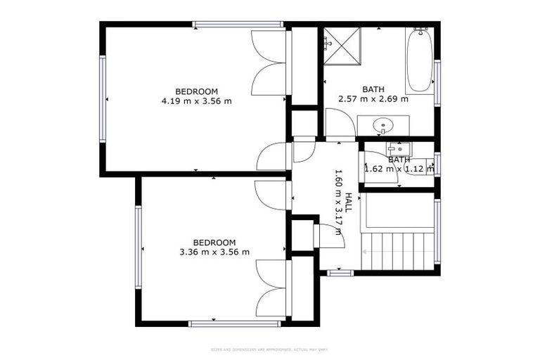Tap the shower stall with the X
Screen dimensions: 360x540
click(342, 45)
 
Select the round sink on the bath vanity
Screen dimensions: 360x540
click(383, 127)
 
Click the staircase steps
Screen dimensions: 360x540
click(397, 249)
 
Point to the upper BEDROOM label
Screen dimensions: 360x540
click(196, 91)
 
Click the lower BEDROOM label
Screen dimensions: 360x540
click(214, 243)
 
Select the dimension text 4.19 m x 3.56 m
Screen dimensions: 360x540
click(196, 101)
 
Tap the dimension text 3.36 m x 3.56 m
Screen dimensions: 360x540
click(214, 252)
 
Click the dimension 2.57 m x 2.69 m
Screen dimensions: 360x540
click(373, 99)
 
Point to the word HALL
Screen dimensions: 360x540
click(348, 203)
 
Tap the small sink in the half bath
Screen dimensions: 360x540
click(399, 149)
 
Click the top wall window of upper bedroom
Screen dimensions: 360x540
click(238, 25)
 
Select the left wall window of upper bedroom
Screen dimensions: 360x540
click(103, 99)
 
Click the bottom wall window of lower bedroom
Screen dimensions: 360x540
click(235, 323)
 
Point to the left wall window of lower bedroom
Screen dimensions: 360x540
click(139, 246)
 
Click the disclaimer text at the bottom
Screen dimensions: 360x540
click(270, 349)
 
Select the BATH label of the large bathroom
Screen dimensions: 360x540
click(373, 89)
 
